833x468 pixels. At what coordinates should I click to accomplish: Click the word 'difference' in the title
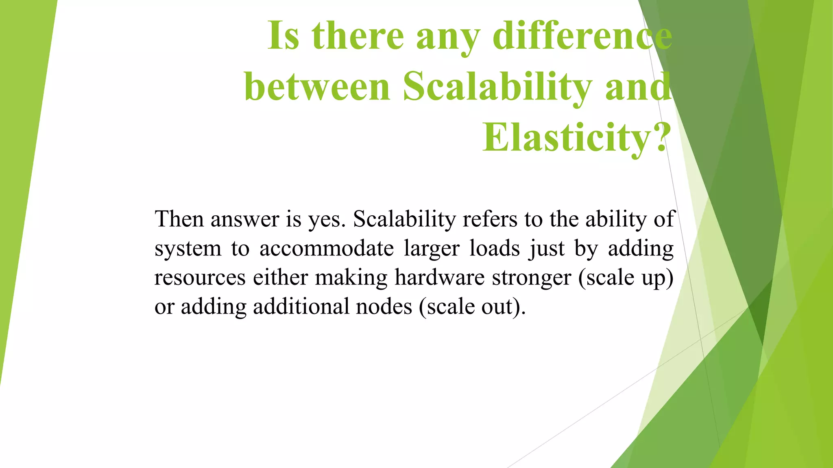click(x=582, y=36)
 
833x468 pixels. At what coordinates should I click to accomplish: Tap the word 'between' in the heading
click(x=317, y=87)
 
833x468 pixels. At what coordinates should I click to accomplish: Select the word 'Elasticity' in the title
click(x=567, y=137)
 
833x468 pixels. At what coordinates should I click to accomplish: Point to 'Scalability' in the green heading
click(x=497, y=87)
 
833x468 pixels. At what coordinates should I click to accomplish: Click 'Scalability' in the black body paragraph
click(x=404, y=219)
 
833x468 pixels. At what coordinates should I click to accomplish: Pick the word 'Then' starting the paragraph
click(x=179, y=219)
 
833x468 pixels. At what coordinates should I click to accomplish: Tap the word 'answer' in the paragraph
click(x=244, y=219)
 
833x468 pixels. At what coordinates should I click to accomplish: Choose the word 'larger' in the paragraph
click(x=432, y=249)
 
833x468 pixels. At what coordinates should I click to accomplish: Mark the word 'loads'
click(x=495, y=249)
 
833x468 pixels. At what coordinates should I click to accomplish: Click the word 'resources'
click(x=200, y=278)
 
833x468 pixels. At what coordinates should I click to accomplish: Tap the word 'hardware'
click(x=440, y=278)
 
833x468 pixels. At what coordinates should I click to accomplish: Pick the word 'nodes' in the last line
click(x=384, y=307)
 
